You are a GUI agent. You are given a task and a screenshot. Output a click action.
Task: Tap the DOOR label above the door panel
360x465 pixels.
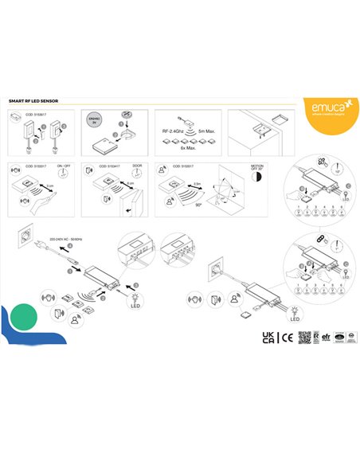[x=137, y=167]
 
